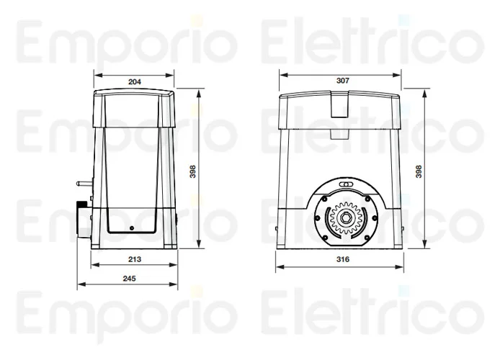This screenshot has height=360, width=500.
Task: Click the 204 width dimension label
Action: pyautogui.click(x=134, y=81)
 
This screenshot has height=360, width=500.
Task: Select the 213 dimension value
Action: pyautogui.click(x=134, y=258)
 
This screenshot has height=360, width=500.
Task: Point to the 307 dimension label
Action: pyautogui.click(x=343, y=81)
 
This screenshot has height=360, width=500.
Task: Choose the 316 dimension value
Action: pyautogui.click(x=343, y=258)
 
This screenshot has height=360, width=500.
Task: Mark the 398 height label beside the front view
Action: pyautogui.click(x=419, y=171)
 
